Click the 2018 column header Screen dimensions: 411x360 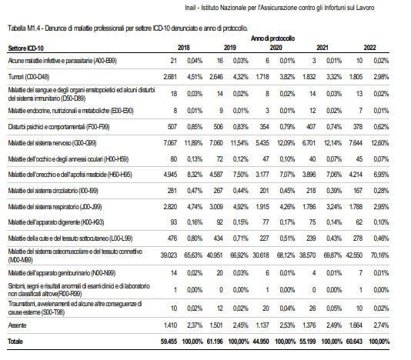pyautogui.click(x=183, y=48)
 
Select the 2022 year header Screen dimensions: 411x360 pyautogui.click(x=369, y=48)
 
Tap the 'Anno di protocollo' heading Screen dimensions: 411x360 pyautogui.click(x=273, y=38)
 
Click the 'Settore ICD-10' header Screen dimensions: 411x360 pyautogui.click(x=25, y=48)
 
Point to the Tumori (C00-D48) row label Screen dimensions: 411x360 pyautogui.click(x=28, y=77)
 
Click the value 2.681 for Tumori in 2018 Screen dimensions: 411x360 pyautogui.click(x=170, y=77)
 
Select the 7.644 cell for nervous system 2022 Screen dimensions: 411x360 pyautogui.click(x=356, y=143)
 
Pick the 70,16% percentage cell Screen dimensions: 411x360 pyautogui.click(x=379, y=255)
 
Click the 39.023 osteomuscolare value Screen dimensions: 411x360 pyautogui.click(x=169, y=255)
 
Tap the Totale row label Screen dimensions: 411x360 pyautogui.click(x=15, y=342)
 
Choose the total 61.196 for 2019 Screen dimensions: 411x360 pyautogui.click(x=215, y=342)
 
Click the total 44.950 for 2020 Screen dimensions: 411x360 pyautogui.click(x=261, y=342)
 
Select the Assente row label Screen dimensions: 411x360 pyautogui.click(x=17, y=325)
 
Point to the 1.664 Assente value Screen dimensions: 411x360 pyautogui.click(x=356, y=325)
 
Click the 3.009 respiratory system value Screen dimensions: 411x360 pyautogui.click(x=216, y=207)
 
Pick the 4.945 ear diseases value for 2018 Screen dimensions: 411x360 pyautogui.click(x=170, y=175)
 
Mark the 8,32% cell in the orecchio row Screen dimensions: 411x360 pyautogui.click(x=195, y=175)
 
